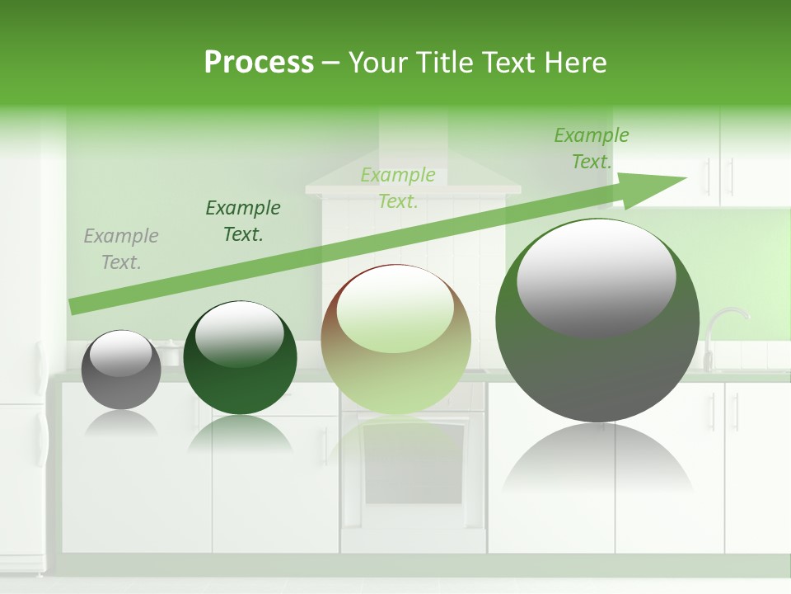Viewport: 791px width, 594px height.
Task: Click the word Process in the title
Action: (x=259, y=62)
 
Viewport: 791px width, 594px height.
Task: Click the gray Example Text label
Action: (x=120, y=249)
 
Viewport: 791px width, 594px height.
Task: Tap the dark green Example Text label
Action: (x=242, y=221)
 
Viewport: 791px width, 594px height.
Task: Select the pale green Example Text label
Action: (x=398, y=188)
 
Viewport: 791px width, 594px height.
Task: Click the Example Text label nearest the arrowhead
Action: (x=591, y=148)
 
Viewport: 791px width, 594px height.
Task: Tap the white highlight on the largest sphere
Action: (x=596, y=276)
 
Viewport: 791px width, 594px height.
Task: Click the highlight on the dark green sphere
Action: (x=239, y=334)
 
